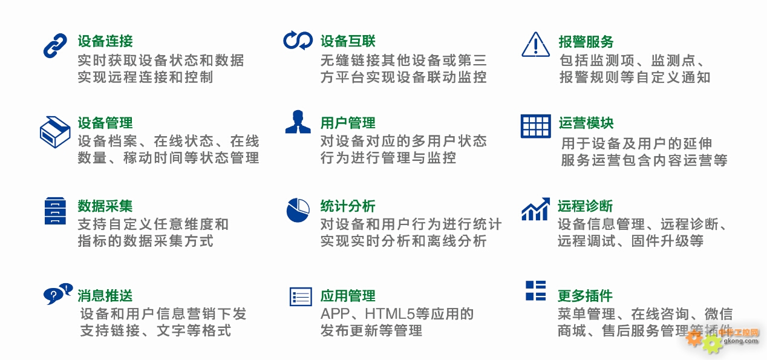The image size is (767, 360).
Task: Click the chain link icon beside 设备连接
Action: [x=55, y=45]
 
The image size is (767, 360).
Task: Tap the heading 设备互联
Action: [x=348, y=41]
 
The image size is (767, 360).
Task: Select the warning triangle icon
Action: [x=535, y=45]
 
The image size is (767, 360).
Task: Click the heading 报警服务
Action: [x=586, y=42]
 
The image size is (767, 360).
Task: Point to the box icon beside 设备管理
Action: [x=55, y=132]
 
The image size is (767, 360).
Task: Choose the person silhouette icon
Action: [x=298, y=122]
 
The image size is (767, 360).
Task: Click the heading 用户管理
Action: [x=348, y=123]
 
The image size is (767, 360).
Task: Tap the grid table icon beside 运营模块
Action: [x=536, y=126]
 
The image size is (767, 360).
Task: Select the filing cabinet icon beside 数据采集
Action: [x=55, y=211]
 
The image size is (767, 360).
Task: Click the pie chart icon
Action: [x=298, y=210]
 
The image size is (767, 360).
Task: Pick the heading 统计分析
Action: [x=348, y=206]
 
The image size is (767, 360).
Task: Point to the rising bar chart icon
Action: [x=536, y=209]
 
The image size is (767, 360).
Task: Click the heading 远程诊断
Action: [x=585, y=206]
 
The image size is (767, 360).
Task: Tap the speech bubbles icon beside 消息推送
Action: [x=58, y=294]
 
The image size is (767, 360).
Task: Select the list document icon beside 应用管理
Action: [x=301, y=296]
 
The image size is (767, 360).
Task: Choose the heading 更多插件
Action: [x=585, y=296]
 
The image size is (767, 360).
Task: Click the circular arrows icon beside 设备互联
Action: [x=298, y=41]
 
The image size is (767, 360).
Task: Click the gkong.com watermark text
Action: [x=740, y=341]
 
